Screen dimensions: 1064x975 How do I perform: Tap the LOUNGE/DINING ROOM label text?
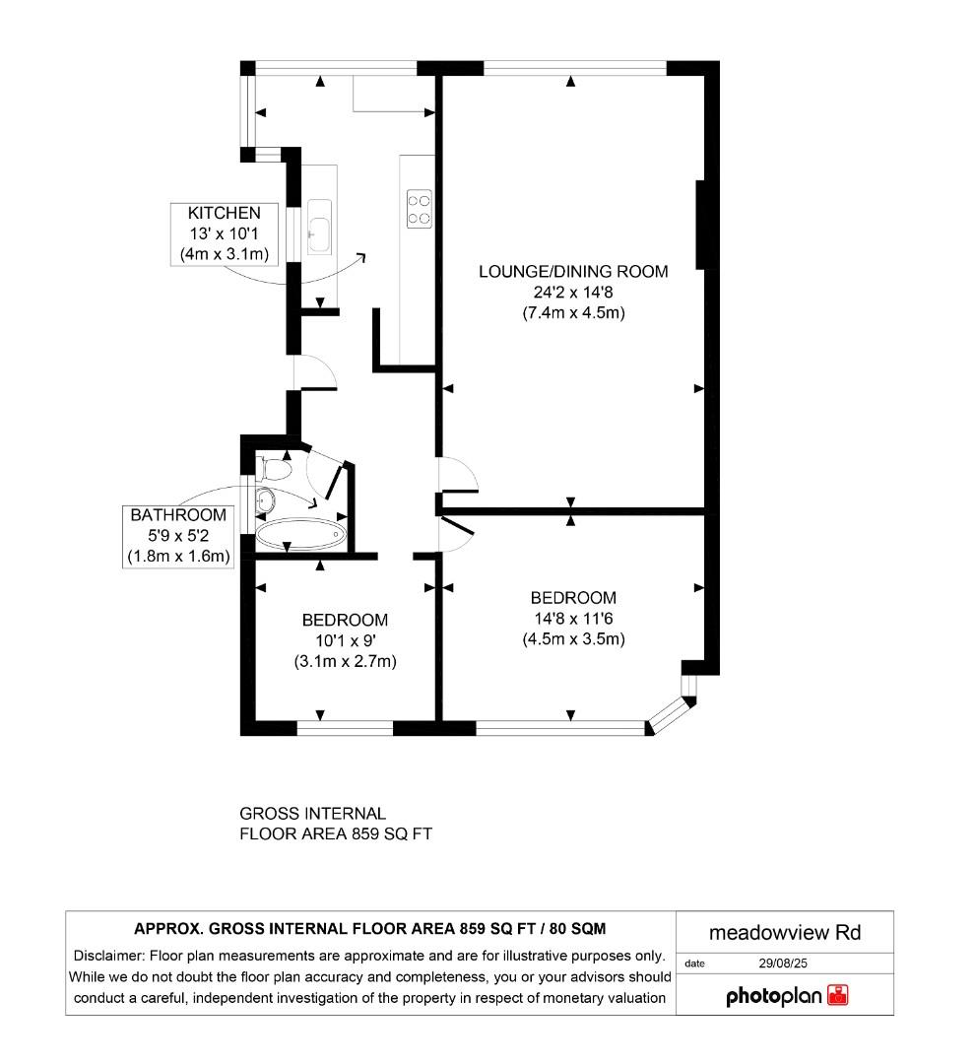tap(573, 271)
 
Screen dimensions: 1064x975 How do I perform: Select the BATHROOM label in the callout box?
tap(178, 514)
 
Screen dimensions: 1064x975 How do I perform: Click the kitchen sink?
tap(319, 223)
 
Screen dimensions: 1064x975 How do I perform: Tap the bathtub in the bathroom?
tap(300, 535)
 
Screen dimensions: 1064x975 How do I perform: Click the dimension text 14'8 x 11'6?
tap(573, 619)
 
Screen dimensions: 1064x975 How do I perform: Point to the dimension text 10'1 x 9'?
tap(345, 641)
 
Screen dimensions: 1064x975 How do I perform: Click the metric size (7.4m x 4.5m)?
tap(573, 313)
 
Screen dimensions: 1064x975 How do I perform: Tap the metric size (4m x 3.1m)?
tap(225, 254)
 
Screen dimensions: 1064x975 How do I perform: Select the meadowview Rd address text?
tap(785, 932)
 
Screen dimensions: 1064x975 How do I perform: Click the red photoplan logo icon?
tap(838, 995)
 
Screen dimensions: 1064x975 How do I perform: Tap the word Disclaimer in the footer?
tap(109, 956)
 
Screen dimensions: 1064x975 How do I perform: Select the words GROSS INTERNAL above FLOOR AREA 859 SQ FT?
tap(313, 814)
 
